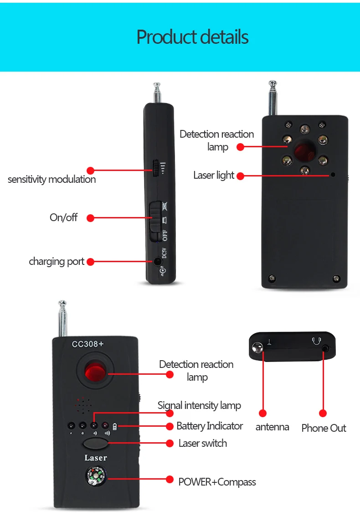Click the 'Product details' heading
[x=192, y=37]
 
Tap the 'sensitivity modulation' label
[x=52, y=179]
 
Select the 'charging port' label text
[x=57, y=262]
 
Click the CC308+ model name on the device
[x=87, y=344]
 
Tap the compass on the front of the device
[x=96, y=476]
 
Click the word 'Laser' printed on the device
[x=96, y=458]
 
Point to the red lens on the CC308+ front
[x=95, y=372]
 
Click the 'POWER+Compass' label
[x=217, y=482]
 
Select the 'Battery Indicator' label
[x=210, y=426]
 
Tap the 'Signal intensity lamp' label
[x=199, y=405]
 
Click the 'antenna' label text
[x=273, y=427]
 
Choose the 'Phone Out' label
[x=324, y=428]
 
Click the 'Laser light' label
[x=214, y=176]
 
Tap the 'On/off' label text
[x=64, y=217]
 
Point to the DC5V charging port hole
[x=158, y=262]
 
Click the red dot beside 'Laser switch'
[x=170, y=444]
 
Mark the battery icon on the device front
[x=115, y=427]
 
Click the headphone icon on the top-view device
[x=317, y=341]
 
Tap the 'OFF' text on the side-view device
[x=165, y=235]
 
